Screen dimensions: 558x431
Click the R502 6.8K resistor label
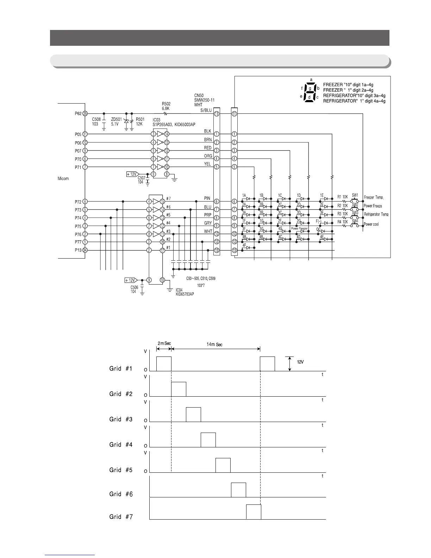(x=166, y=106)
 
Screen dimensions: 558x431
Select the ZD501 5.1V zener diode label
(x=117, y=122)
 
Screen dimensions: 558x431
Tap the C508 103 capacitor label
(x=96, y=122)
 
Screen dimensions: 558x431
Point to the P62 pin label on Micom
(x=78, y=113)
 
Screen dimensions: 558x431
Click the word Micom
(x=63, y=179)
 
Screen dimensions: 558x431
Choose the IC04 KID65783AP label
(x=185, y=292)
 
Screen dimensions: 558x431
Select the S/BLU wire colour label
(x=206, y=110)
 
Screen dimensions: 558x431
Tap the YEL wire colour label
(x=208, y=164)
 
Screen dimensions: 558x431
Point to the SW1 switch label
(x=355, y=195)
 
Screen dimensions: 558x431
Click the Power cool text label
(x=371, y=224)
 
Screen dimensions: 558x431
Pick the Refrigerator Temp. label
(x=376, y=215)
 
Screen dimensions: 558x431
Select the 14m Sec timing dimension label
(x=214, y=345)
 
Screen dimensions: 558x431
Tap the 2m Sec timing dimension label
(x=164, y=343)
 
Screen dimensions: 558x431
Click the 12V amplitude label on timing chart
(x=299, y=362)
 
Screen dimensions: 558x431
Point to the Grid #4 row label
(x=121, y=445)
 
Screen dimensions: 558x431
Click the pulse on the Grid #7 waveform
(x=254, y=512)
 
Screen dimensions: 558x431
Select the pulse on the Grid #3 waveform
(x=193, y=415)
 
